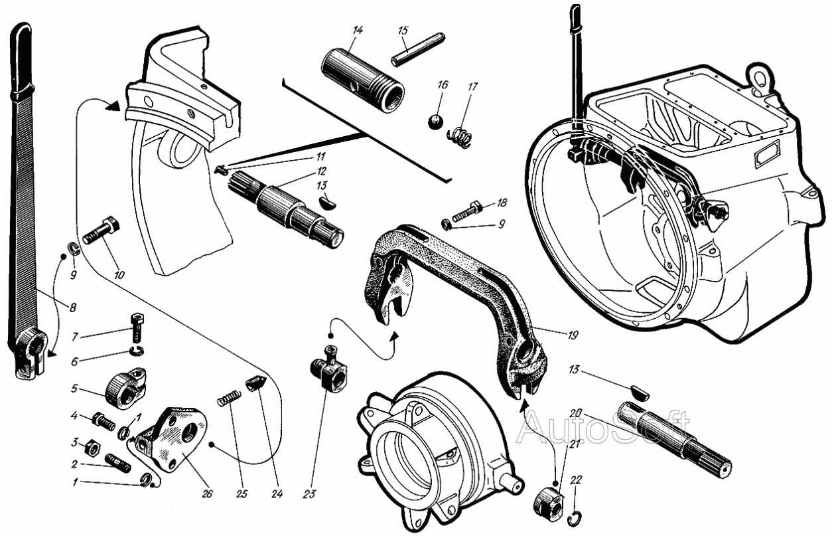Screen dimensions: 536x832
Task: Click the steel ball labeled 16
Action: pos(435,122)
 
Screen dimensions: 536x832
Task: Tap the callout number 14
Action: pos(358,31)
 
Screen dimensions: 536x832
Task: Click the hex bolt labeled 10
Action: pos(101,230)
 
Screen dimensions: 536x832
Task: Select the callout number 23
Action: pos(309,493)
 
